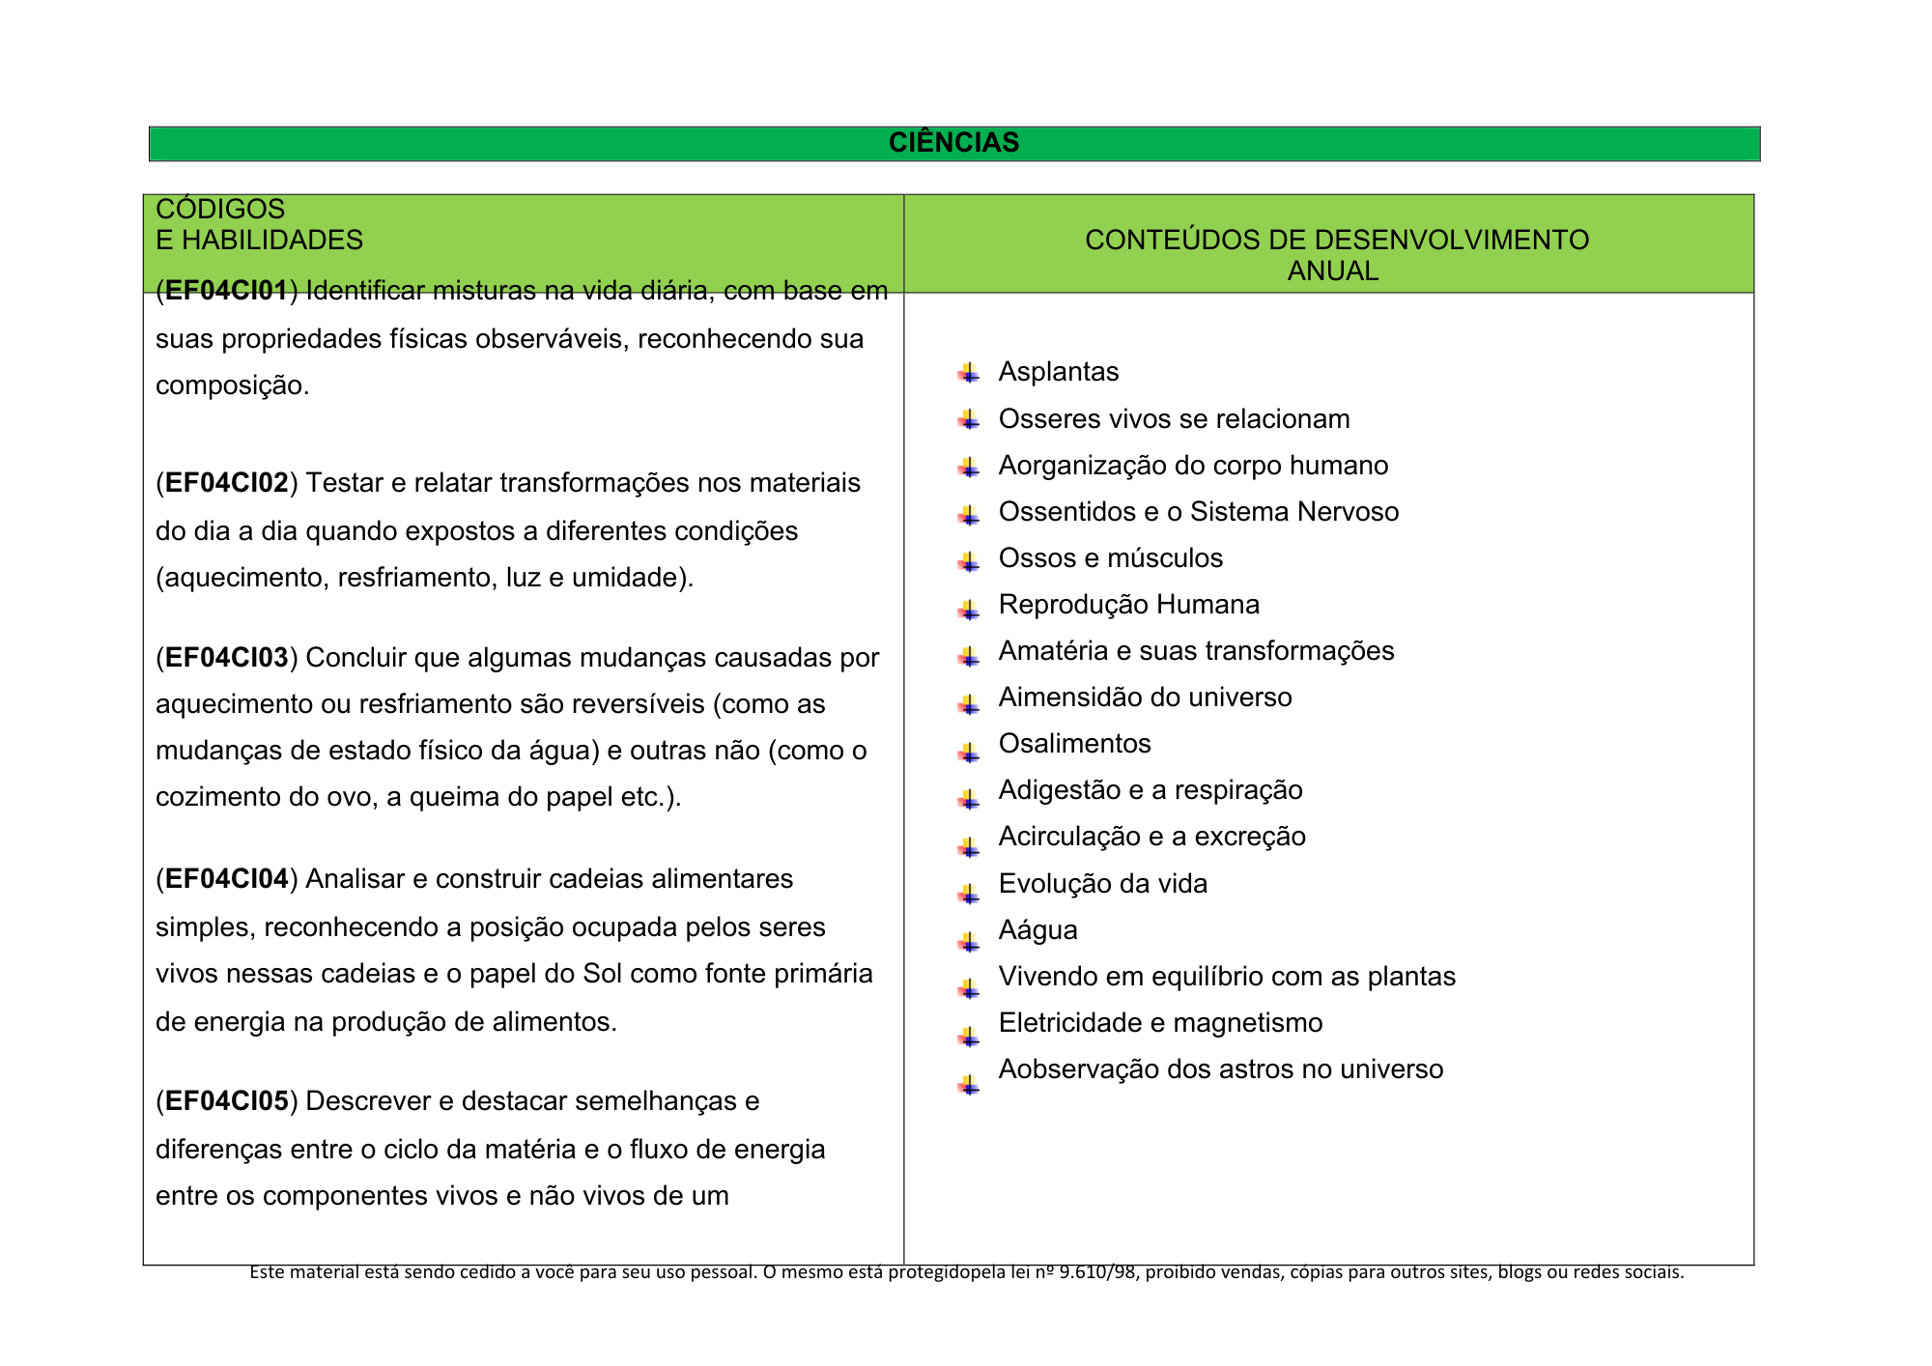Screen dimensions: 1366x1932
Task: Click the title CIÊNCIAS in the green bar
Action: coord(953,143)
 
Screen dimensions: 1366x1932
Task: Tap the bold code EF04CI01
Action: coord(227,291)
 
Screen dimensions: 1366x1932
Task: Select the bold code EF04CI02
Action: coord(227,483)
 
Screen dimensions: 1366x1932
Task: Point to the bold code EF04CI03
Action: coord(227,658)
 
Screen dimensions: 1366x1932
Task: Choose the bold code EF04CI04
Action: coord(227,879)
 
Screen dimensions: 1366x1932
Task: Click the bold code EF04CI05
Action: coord(227,1101)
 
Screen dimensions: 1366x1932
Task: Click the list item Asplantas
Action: coord(1059,372)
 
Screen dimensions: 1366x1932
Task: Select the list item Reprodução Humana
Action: coord(1128,605)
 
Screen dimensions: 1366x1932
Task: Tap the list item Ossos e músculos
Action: coord(1111,558)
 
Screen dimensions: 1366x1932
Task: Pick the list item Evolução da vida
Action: coord(1103,884)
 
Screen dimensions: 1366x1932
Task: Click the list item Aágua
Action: coord(1038,930)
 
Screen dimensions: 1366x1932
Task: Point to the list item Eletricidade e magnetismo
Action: coord(1160,1023)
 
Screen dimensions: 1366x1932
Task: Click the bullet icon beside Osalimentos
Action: coord(969,751)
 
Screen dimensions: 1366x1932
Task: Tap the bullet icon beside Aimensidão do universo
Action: coord(969,704)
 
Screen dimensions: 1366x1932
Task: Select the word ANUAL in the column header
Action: coord(1332,271)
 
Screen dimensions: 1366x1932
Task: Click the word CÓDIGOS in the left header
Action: coord(220,210)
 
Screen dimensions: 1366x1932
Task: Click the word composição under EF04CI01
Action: coord(232,386)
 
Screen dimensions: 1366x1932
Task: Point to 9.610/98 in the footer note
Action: coord(1097,1272)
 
